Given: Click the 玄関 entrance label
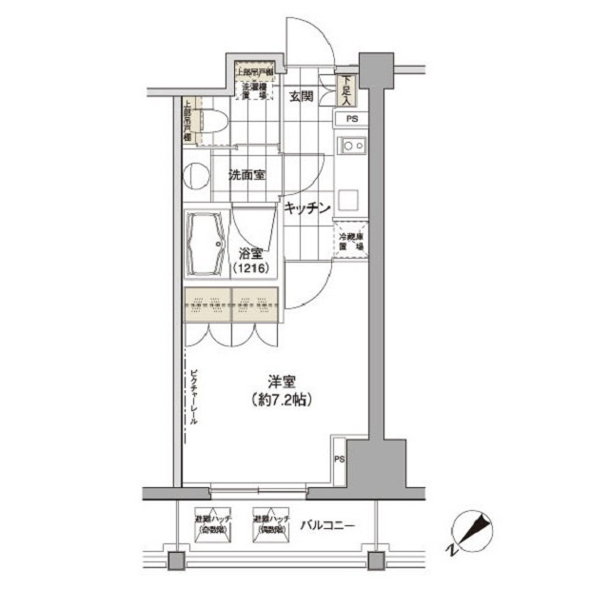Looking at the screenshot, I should click(302, 95).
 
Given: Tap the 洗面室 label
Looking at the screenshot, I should click(246, 174).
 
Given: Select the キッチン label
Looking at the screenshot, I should click(304, 207).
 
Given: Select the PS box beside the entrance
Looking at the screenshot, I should click(351, 119).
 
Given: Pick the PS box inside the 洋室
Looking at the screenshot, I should click(340, 459).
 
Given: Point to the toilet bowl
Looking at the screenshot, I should click(210, 122).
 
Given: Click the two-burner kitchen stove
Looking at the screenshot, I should click(352, 146).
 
